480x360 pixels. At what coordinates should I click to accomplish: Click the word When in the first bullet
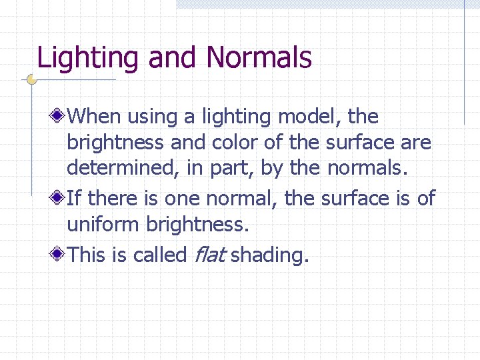pyautogui.click(x=94, y=117)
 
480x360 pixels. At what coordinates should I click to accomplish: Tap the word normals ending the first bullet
pyautogui.click(x=366, y=168)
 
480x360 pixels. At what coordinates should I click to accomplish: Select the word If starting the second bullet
pyautogui.click(x=75, y=198)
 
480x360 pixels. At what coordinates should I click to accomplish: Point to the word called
pyautogui.click(x=159, y=254)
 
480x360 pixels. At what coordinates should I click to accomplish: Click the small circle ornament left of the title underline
pyautogui.click(x=31, y=80)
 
